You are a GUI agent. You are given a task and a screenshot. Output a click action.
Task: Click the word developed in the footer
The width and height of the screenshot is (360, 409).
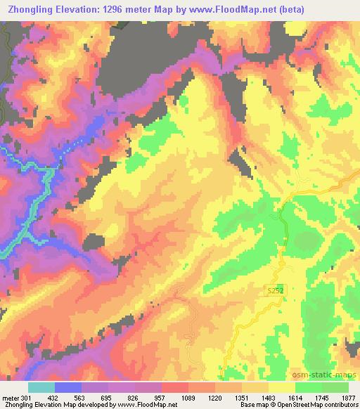point(98,405)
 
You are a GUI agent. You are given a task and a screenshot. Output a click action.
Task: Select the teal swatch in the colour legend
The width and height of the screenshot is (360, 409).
point(41,388)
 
